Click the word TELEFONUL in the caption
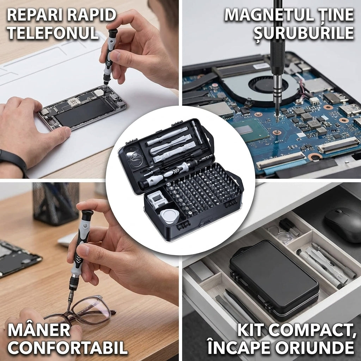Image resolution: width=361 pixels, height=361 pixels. point(53,33)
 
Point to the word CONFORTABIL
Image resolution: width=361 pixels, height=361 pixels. point(67,347)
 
